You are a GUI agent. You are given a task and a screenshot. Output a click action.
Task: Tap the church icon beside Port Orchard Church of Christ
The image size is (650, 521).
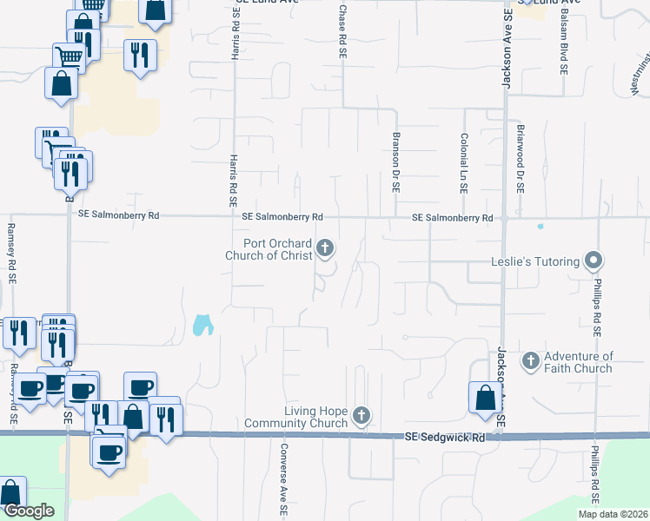[x=326, y=249]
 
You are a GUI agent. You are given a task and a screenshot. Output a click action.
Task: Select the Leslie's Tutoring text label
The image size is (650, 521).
[x=534, y=261]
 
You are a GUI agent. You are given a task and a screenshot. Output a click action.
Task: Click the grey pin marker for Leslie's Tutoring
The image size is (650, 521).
[x=594, y=260]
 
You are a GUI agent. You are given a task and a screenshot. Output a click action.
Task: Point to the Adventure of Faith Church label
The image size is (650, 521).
[x=579, y=362]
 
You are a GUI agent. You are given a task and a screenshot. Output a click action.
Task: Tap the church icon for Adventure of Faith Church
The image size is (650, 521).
[x=530, y=359]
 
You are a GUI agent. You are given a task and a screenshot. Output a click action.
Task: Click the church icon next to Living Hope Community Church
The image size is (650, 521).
[x=361, y=417]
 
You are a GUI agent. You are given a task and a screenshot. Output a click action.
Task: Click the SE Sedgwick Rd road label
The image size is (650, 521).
[x=444, y=439]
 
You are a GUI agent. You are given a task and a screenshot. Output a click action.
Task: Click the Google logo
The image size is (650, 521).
[x=28, y=511]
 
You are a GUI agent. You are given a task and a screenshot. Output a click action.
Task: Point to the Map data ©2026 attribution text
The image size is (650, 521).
[x=613, y=514]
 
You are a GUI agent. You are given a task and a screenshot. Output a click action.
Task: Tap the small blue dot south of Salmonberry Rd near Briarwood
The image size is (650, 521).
[x=540, y=227]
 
